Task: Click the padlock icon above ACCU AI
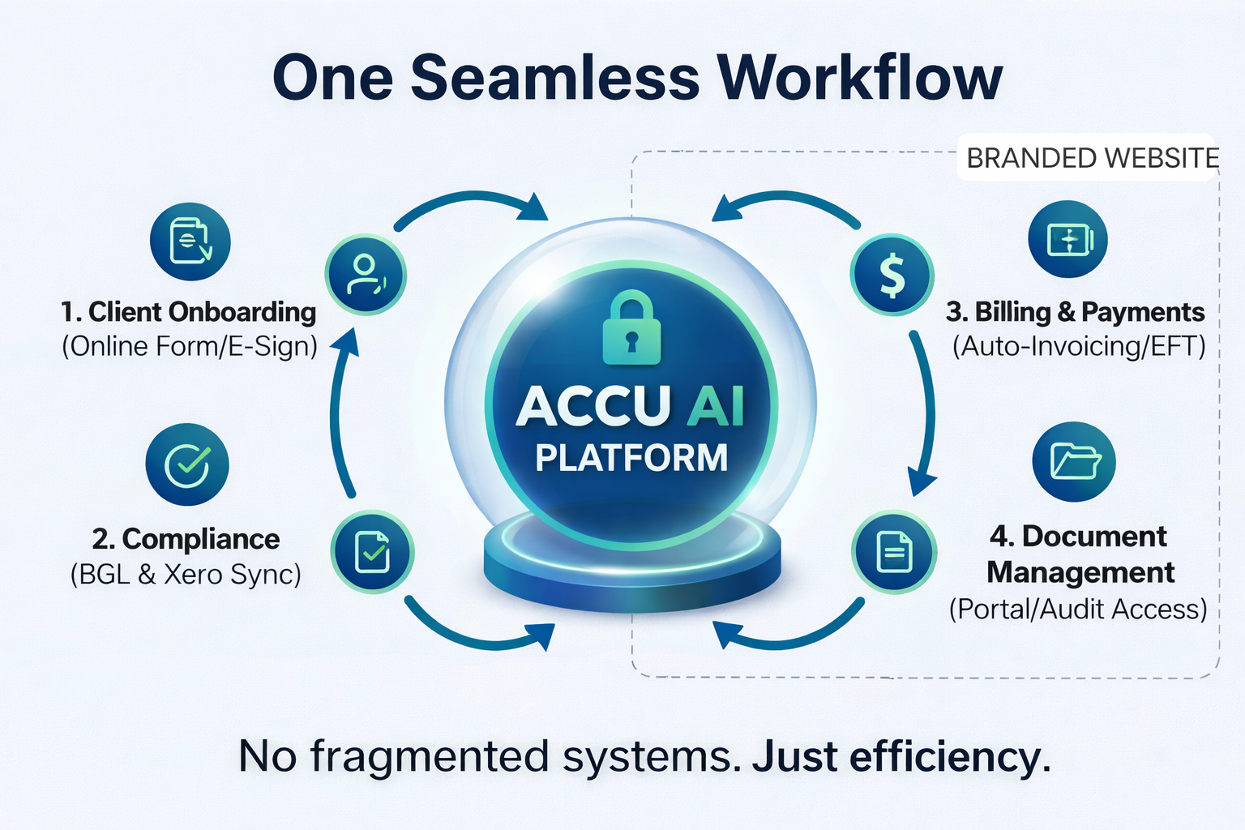tap(631, 327)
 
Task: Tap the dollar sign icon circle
tap(892, 275)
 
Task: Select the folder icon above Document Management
tap(1074, 462)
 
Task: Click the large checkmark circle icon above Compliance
tap(187, 464)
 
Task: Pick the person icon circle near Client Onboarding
tap(366, 275)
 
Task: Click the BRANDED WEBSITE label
tap(1092, 158)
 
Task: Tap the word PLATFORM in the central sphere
tap(631, 458)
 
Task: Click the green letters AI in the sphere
tap(715, 405)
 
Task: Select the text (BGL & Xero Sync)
tap(186, 575)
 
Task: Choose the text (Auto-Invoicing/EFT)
tap(1079, 347)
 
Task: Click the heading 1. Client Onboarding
tap(188, 312)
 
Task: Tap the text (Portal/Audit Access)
tap(1078, 610)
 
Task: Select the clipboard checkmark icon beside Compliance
tap(373, 552)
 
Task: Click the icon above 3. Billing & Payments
tap(1068, 240)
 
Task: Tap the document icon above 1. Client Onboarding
tap(190, 242)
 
